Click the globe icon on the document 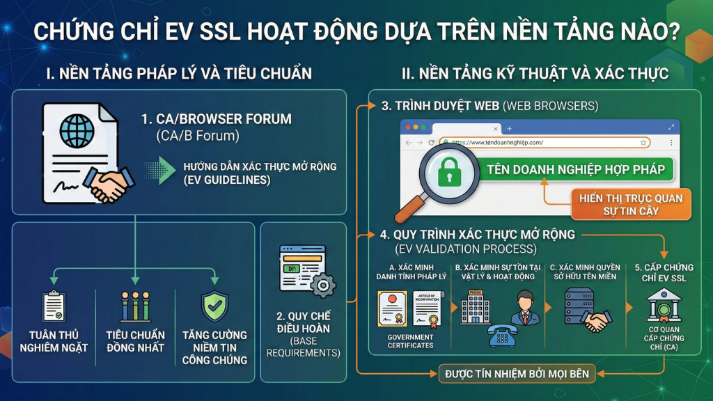pos(77,131)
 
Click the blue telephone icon pos(501,334)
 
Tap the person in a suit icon pos(525,306)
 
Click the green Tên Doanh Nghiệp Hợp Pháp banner pos(575,169)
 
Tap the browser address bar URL pos(497,142)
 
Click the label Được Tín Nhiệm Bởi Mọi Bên pos(517,374)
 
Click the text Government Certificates pos(410,341)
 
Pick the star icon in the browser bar pos(643,142)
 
